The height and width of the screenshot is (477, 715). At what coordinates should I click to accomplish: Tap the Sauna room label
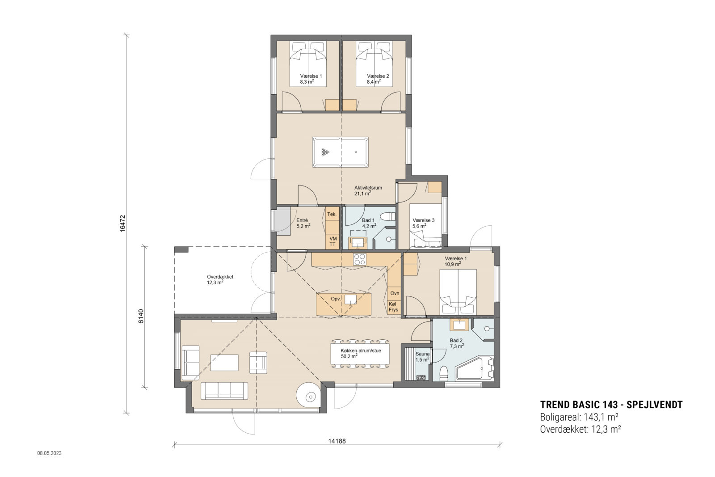tap(422, 356)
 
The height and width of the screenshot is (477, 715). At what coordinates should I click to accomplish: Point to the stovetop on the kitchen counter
tap(360, 259)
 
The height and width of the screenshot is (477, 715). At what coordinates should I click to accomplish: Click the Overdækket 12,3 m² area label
tap(219, 279)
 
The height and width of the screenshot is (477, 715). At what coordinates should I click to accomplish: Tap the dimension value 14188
tap(337, 441)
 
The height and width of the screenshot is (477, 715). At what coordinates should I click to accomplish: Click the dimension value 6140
tap(141, 316)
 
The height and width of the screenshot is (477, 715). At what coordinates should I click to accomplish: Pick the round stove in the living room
tap(309, 395)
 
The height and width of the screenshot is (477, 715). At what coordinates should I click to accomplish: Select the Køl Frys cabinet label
tap(393, 307)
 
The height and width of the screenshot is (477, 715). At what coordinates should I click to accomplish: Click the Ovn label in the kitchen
tap(395, 293)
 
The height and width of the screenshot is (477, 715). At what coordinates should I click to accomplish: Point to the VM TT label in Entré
tap(332, 241)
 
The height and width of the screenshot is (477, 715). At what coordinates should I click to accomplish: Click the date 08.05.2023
tap(49, 453)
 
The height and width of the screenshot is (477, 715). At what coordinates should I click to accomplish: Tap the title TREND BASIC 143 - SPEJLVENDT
tap(611, 405)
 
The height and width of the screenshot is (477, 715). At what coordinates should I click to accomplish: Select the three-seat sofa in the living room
tap(224, 391)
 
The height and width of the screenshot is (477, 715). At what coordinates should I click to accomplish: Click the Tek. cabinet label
tap(332, 214)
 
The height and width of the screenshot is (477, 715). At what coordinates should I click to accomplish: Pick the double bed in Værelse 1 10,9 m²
tap(458, 293)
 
